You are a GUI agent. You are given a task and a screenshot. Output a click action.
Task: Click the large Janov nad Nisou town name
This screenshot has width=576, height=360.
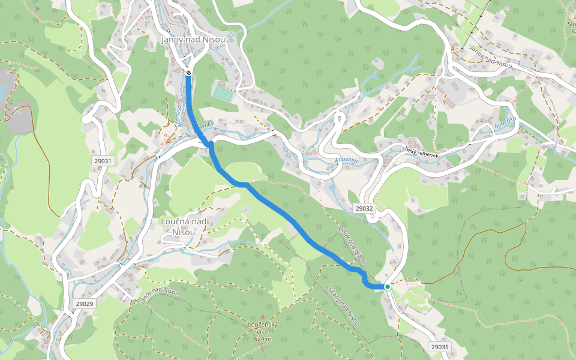(x=193, y=40)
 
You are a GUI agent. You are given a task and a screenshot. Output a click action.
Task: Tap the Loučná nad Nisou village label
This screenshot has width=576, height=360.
(x=184, y=227)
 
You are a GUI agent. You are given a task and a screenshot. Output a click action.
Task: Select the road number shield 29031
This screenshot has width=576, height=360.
(x=103, y=161)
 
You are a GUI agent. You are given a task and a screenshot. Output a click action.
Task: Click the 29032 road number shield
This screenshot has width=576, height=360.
(x=364, y=209)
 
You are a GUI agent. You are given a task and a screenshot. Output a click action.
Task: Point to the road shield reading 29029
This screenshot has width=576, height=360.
(x=85, y=304)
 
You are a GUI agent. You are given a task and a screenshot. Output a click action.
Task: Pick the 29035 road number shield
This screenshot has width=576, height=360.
(x=440, y=347)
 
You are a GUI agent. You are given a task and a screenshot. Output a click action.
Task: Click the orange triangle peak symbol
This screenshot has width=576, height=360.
(x=262, y=316)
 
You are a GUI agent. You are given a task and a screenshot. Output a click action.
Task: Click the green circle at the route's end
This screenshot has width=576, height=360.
(x=388, y=287)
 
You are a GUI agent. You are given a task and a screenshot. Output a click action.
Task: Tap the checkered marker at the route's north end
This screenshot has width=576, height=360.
(x=188, y=73)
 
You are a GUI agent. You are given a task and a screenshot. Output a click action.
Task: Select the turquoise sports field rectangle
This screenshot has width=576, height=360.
(x=223, y=94)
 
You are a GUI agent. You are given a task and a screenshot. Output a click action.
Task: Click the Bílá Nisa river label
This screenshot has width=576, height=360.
(x=178, y=110)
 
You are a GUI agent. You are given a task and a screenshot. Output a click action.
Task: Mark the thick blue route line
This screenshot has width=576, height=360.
(x=282, y=212)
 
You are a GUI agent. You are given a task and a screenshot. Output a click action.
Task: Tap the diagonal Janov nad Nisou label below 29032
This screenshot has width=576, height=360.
(x=352, y=244)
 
